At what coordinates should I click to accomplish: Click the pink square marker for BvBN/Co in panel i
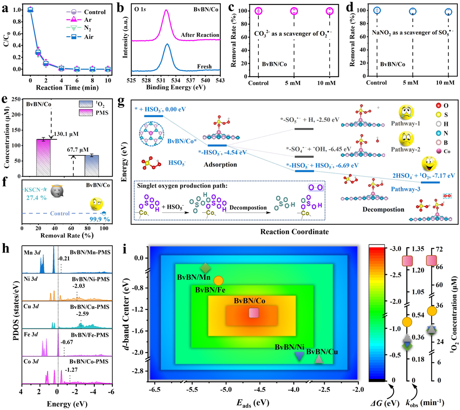coord(253,313)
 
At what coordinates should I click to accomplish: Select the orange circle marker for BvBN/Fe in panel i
coord(218,280)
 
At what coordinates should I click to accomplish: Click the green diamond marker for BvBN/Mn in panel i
coord(206,268)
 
